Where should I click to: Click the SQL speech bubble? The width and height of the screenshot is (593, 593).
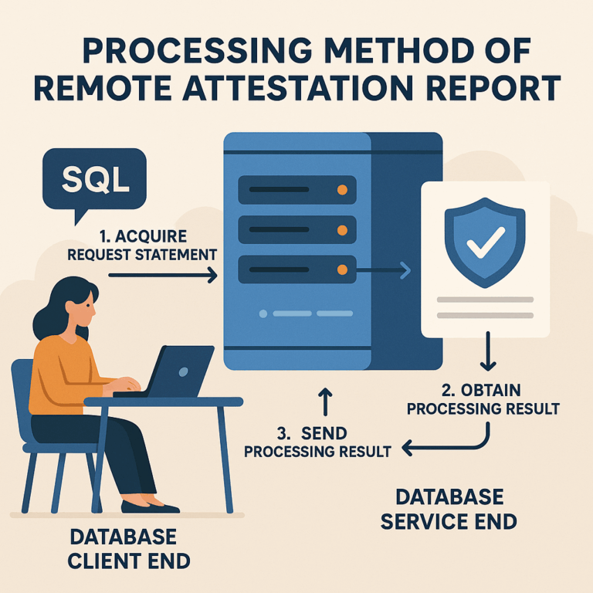pos(94,179)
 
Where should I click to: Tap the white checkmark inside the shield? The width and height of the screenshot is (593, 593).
pos(485,241)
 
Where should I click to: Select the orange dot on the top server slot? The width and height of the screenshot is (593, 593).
pos(341,190)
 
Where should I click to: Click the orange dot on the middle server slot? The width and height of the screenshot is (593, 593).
pos(341,229)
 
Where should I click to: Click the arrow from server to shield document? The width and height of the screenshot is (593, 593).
pos(386,269)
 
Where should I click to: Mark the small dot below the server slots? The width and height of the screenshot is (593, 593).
pos(263,314)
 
